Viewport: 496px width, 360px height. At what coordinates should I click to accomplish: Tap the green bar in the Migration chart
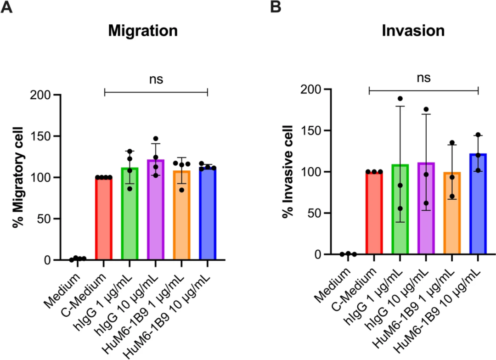(x=130, y=216)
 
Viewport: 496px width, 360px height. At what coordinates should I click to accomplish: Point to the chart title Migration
(x=143, y=31)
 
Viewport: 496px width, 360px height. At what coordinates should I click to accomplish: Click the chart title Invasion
(x=413, y=31)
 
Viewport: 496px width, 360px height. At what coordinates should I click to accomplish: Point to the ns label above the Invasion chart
(x=423, y=78)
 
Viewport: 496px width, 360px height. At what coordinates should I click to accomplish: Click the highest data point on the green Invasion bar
(x=400, y=99)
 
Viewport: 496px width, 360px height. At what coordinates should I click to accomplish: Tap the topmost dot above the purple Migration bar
(x=156, y=139)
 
